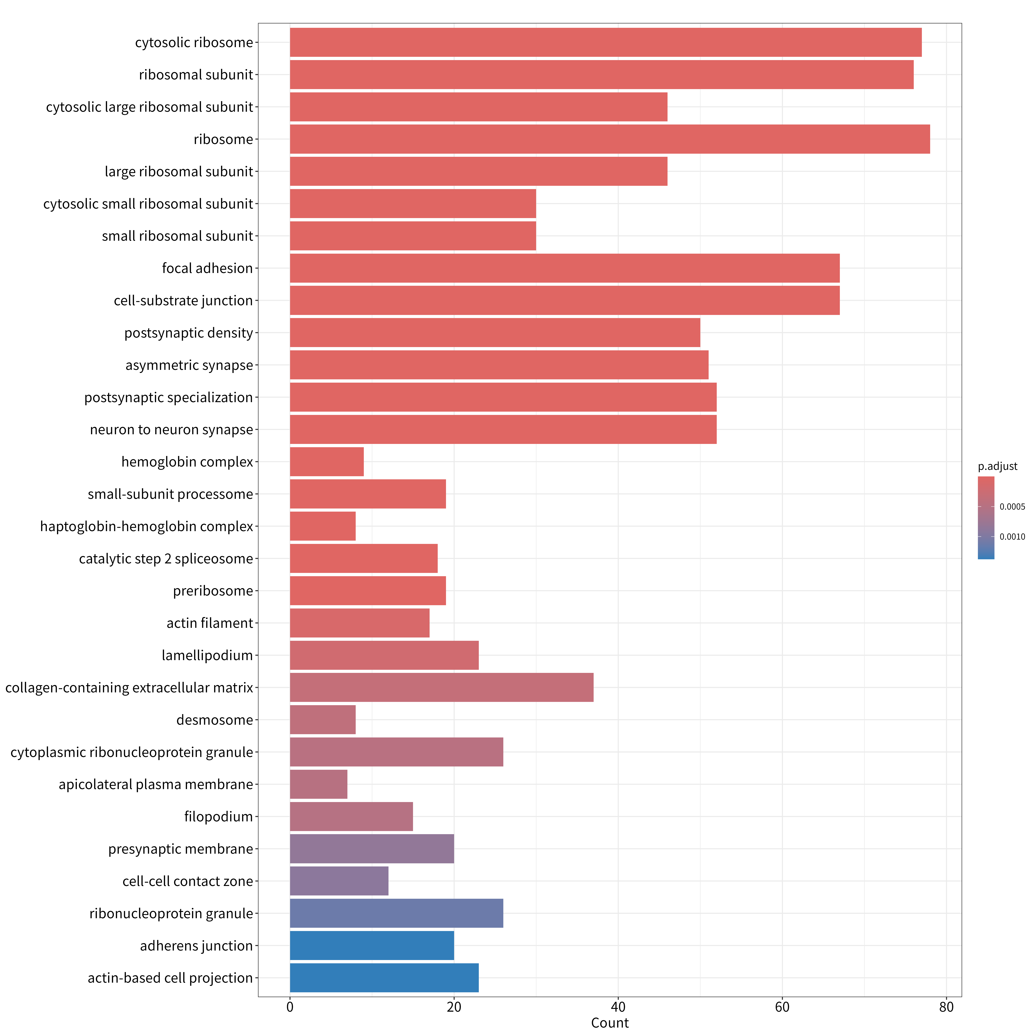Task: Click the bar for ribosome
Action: tap(610, 139)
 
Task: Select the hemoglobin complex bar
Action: tap(327, 462)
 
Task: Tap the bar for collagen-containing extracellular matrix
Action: tap(442, 687)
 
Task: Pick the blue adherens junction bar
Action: tap(372, 945)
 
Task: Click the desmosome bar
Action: tap(323, 720)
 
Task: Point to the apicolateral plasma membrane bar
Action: tap(319, 784)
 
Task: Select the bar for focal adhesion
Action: tap(565, 268)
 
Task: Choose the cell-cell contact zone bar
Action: tap(339, 881)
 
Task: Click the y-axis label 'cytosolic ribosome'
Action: tap(194, 42)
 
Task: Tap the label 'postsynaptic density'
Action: tap(189, 333)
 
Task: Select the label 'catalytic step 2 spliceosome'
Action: tap(166, 559)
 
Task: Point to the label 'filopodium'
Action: tap(219, 817)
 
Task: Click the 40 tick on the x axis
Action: tap(618, 1007)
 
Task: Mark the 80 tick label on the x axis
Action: tap(946, 1007)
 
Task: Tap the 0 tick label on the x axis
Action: tap(290, 1007)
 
